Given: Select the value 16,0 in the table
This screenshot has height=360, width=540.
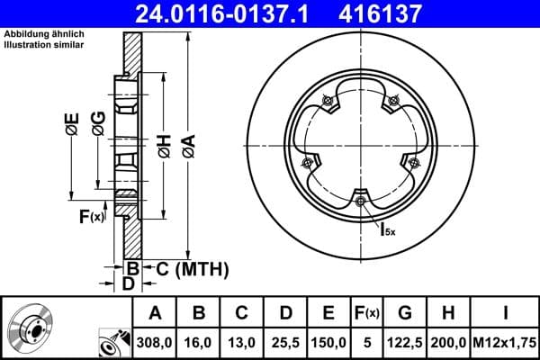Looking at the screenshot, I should click(x=200, y=343).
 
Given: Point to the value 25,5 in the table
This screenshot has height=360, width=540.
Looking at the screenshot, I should click(x=286, y=343).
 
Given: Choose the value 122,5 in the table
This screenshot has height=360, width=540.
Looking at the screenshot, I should click(x=405, y=343).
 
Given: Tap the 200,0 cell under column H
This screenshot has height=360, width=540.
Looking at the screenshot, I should click(x=450, y=343).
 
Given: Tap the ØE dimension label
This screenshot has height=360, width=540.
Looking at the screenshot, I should click(x=71, y=125).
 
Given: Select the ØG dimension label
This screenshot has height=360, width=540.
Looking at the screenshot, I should click(x=98, y=125).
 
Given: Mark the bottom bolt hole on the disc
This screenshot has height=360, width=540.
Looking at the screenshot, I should click(x=360, y=201).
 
